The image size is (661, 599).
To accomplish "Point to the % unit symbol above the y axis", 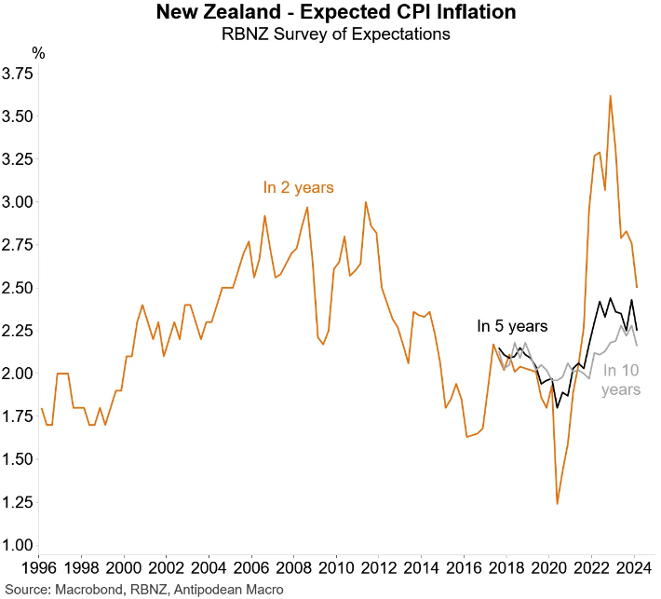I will [38, 52].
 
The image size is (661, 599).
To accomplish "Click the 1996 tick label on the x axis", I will [40, 566].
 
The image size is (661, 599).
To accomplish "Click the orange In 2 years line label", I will [298, 188].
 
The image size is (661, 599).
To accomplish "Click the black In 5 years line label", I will [512, 326].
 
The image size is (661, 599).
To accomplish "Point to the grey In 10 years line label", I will [621, 380].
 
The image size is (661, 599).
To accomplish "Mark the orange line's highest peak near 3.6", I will [609, 96].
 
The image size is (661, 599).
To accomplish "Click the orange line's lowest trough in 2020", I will [557, 503].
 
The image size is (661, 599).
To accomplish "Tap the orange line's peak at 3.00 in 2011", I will [365, 202].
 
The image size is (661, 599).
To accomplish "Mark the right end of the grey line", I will [637, 346].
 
